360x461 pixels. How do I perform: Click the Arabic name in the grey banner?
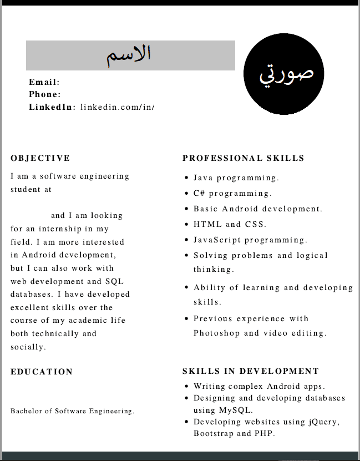pos(129,55)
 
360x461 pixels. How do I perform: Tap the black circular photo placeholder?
pos(283,73)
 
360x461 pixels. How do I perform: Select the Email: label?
pos(44,82)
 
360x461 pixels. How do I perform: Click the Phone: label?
pos(45,94)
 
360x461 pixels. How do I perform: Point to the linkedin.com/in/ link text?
pos(116,107)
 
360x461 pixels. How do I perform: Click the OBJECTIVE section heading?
pos(40,158)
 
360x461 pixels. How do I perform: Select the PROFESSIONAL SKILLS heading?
pos(244,158)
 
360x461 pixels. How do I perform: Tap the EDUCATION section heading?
pos(42,372)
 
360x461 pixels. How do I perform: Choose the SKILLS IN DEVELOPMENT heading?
pos(251,371)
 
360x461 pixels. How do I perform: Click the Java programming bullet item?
pos(236,178)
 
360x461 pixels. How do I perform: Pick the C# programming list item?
pos(232,194)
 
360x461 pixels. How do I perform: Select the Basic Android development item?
pos(257,209)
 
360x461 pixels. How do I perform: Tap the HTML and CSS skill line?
pos(230,225)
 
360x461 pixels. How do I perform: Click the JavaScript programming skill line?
pos(250,240)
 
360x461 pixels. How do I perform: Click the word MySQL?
pos(236,411)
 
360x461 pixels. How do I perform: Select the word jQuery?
pos(322,422)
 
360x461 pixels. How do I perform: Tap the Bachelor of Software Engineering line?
pos(73,411)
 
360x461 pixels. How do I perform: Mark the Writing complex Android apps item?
pos(259,386)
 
